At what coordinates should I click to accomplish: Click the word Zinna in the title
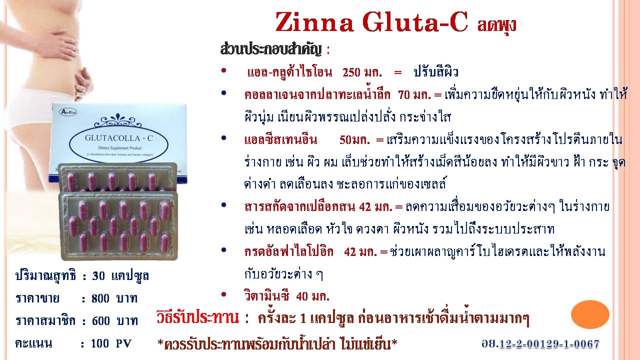[314, 22]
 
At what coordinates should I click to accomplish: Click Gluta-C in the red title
[415, 22]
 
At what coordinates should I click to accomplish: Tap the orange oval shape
[590, 314]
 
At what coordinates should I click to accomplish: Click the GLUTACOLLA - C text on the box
[118, 138]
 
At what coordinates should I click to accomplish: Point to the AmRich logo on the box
[67, 111]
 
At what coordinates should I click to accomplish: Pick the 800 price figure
[100, 298]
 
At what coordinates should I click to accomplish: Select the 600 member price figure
[101, 321]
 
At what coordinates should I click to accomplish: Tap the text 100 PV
[111, 343]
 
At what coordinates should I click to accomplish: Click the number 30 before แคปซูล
[98, 276]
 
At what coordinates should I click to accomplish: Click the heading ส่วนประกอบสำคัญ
[271, 49]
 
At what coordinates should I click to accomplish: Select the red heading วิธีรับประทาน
[197, 317]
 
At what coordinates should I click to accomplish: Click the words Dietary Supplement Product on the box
[120, 148]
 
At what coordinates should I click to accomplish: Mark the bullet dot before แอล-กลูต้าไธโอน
[223, 70]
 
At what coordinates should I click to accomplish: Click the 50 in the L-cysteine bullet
[345, 139]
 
